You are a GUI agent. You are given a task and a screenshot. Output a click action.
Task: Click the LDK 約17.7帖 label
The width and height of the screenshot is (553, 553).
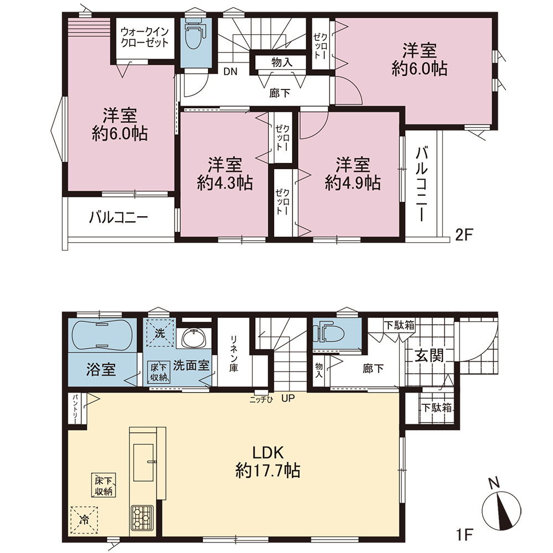point(268,461)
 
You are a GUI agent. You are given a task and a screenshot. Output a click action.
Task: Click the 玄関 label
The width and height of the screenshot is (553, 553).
point(429,356)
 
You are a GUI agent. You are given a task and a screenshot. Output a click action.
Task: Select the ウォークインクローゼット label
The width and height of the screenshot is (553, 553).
point(144,38)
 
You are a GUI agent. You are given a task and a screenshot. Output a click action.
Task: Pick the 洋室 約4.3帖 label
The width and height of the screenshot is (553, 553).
point(225,174)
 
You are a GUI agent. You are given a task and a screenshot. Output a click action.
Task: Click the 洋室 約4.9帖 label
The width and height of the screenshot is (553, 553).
point(353,174)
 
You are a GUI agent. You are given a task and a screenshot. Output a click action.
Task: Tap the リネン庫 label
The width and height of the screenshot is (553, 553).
point(234,354)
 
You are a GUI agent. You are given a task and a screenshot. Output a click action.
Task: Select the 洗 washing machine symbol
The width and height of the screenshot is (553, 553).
point(160,333)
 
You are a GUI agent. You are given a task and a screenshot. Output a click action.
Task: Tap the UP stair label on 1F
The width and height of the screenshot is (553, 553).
point(288,399)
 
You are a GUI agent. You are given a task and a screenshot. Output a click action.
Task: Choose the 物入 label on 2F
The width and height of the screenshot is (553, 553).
point(282,62)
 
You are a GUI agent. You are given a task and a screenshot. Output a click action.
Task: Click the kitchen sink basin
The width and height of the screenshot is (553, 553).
point(143,462)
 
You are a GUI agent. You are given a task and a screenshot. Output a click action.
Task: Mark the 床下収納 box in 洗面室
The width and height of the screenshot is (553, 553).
point(159,372)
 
